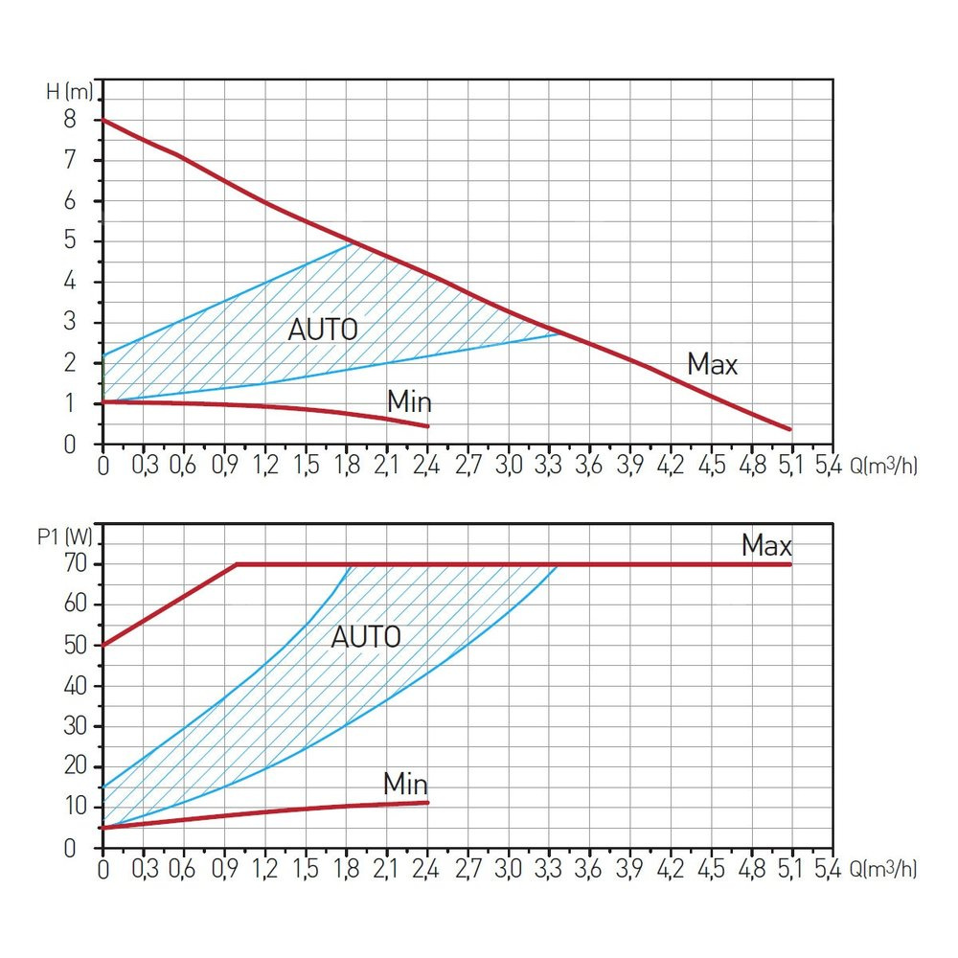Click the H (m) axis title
70,92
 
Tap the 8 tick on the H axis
70,120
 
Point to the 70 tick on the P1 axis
76,563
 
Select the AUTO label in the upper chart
323,331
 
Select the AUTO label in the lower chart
365,637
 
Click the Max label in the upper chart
713,364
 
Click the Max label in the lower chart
766,547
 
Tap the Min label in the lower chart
405,784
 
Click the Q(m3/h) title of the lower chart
876,870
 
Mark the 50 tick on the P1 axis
76,645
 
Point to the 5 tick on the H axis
70,241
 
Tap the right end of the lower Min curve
427,803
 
